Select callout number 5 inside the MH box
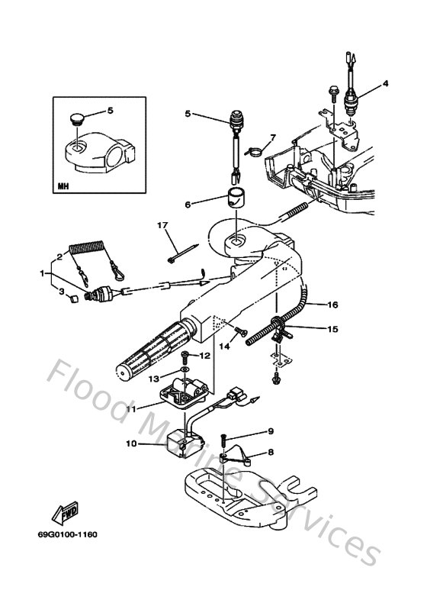point(110,111)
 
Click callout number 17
point(162,225)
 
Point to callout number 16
point(332,305)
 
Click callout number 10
point(130,443)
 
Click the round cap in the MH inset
point(76,120)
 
